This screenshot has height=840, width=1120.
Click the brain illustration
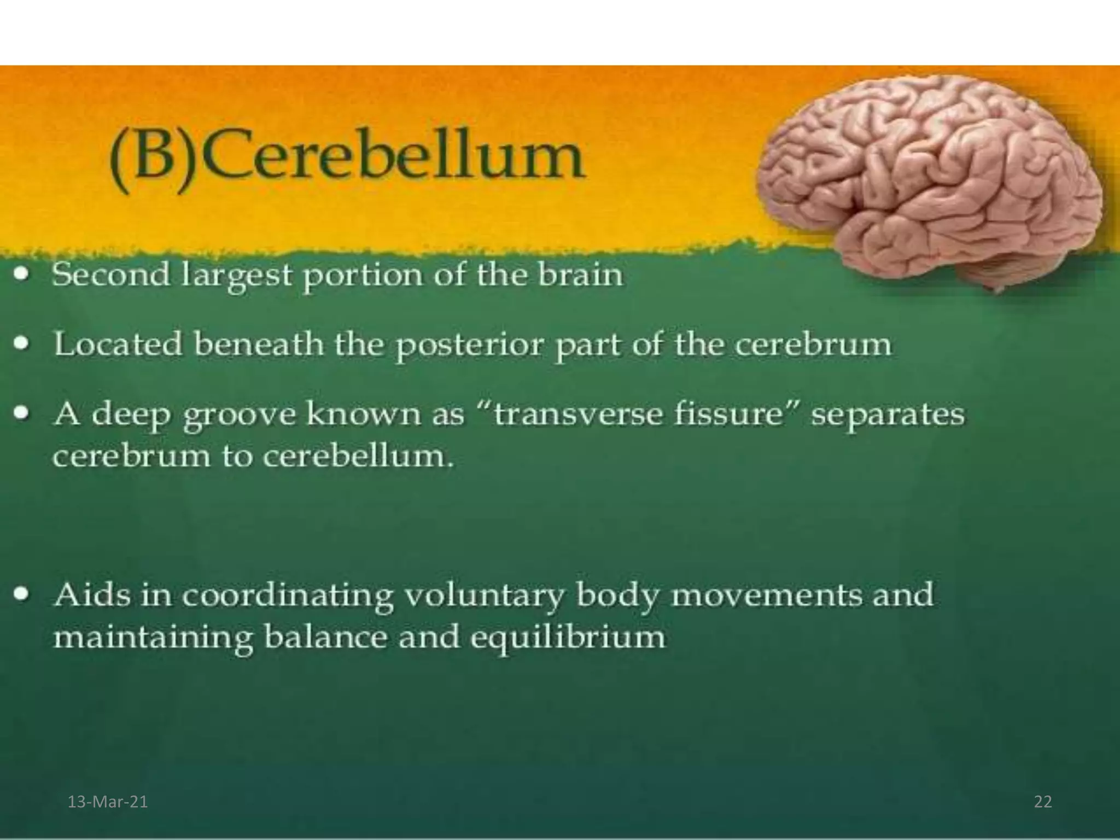point(930,180)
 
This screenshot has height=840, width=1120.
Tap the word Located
point(118,345)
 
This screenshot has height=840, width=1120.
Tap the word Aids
point(92,594)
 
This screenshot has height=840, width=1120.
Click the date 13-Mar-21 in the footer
point(107,802)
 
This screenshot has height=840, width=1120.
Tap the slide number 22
point(1042,802)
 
